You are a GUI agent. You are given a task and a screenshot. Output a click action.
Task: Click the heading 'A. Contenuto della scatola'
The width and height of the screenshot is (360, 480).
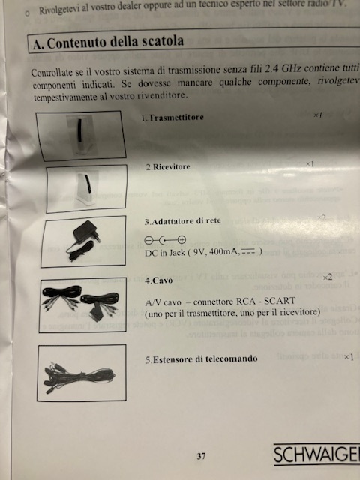109,43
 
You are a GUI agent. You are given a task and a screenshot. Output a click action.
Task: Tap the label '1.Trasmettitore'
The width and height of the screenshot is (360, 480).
172,118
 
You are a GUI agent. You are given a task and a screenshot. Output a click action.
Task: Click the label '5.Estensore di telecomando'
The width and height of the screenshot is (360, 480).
201,359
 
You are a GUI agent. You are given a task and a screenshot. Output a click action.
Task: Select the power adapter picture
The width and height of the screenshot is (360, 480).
82,241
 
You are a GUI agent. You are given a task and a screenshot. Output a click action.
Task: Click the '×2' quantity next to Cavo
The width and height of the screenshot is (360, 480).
327,277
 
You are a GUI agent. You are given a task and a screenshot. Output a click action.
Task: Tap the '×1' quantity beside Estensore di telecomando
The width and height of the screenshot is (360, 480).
348,356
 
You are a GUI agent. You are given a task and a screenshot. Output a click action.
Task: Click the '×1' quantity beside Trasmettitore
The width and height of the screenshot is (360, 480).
318,116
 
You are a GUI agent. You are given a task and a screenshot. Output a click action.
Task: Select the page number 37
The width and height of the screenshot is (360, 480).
201,455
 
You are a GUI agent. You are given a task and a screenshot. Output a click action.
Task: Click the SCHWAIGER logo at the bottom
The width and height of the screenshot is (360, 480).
316,455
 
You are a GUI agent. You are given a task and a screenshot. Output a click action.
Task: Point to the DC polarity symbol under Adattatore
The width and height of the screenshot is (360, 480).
164,239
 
